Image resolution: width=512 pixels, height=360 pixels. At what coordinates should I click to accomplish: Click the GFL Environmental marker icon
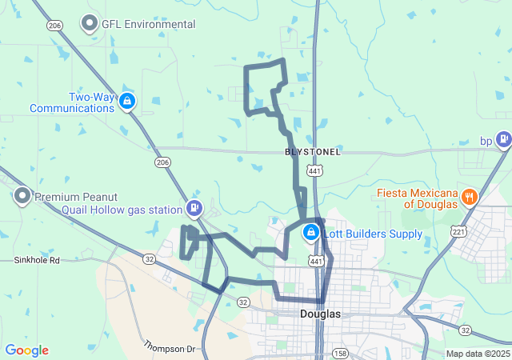pyautogui.click(x=90, y=24)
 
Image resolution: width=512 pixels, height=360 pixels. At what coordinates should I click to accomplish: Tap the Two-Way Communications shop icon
pyautogui.click(x=127, y=101)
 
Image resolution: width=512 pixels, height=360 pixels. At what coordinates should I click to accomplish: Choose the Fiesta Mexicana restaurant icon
pyautogui.click(x=470, y=197)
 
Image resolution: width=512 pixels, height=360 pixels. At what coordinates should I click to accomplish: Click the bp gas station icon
pyautogui.click(x=503, y=141)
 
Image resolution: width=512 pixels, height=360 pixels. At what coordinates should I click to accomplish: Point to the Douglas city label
pyautogui.click(x=320, y=314)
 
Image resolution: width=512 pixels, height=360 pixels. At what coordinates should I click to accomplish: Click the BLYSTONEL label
pyautogui.click(x=313, y=152)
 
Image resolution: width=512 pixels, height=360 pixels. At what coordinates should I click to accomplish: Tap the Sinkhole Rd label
pyautogui.click(x=37, y=261)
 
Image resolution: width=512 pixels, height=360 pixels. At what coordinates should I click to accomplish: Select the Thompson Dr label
pyautogui.click(x=170, y=346)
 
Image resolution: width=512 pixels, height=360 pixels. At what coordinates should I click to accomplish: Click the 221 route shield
pyautogui.click(x=458, y=231)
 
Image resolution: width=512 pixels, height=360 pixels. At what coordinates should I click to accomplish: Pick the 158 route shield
pyautogui.click(x=340, y=353)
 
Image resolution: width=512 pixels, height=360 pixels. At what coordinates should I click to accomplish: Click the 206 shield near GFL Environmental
pyautogui.click(x=54, y=26)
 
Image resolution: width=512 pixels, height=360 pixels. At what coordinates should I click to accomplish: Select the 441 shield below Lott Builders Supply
pyautogui.click(x=317, y=261)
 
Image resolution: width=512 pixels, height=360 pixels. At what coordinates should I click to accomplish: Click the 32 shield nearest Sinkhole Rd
pyautogui.click(x=150, y=258)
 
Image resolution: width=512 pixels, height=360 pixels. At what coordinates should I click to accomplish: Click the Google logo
pyautogui.click(x=26, y=350)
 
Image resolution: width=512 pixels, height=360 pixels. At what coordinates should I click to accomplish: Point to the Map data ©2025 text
pyautogui.click(x=478, y=354)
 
